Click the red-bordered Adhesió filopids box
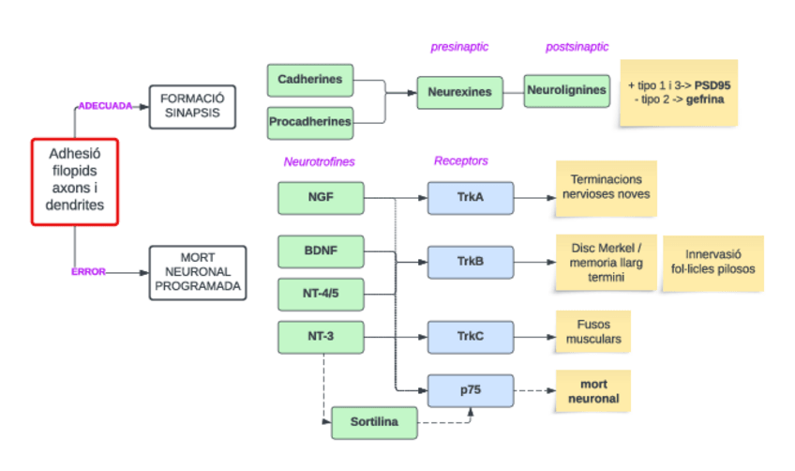point(75,182)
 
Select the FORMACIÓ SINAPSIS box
point(191,107)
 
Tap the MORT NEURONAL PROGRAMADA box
point(197,273)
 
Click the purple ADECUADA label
point(105,106)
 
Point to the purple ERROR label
point(88,272)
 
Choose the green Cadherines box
point(310,81)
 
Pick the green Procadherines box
point(310,122)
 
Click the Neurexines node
point(459,93)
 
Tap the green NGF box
point(321,198)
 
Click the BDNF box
point(321,252)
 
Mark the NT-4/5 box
point(321,294)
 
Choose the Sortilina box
point(374,423)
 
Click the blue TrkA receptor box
point(470,198)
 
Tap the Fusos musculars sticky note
point(593,333)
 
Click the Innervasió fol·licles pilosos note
point(712,262)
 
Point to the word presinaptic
point(459,47)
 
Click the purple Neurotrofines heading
point(320,161)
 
